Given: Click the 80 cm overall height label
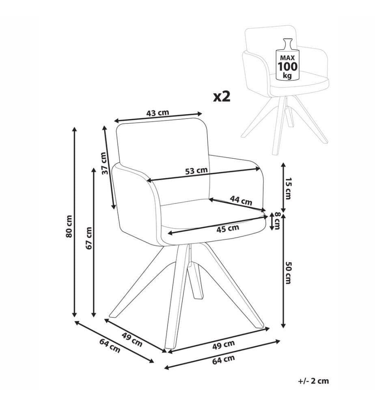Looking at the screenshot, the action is pyautogui.click(x=69, y=226).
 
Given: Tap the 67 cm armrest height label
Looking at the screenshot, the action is pyautogui.click(x=89, y=238).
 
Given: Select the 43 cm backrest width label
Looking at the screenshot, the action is pyautogui.click(x=157, y=113).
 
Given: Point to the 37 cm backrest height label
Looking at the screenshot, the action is pyautogui.click(x=104, y=163).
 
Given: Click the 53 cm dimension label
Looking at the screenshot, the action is pyautogui.click(x=196, y=171).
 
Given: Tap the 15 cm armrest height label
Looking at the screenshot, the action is pyautogui.click(x=288, y=188).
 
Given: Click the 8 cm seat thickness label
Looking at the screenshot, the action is pyautogui.click(x=278, y=221).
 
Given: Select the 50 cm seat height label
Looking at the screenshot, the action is pyautogui.click(x=288, y=272).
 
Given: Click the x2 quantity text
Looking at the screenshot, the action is pyautogui.click(x=222, y=96).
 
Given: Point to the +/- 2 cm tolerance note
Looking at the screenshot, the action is pyautogui.click(x=313, y=381).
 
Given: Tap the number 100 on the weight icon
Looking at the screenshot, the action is pyautogui.click(x=287, y=67).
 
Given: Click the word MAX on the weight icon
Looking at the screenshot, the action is pyautogui.click(x=287, y=58).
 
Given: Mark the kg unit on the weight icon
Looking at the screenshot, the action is pyautogui.click(x=287, y=76).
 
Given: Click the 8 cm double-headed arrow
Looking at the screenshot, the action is pyautogui.click(x=272, y=221).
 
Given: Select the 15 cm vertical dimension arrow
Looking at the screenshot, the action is pyautogui.click(x=283, y=188).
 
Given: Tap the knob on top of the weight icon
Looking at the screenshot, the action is pyautogui.click(x=287, y=43).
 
